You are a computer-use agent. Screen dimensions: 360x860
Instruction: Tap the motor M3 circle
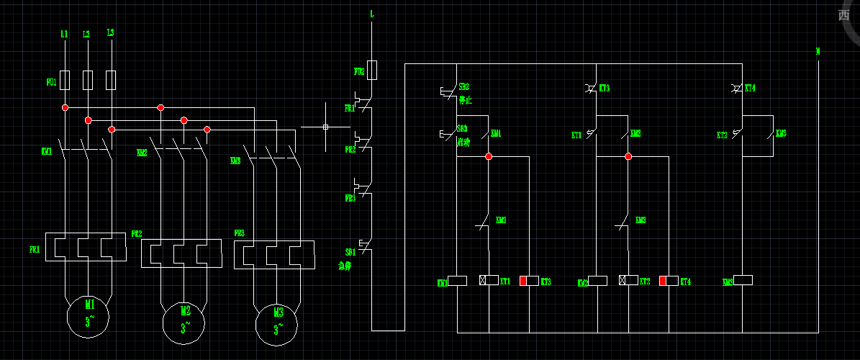pos(277,324)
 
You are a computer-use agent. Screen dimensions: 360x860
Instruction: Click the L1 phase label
pos(64,34)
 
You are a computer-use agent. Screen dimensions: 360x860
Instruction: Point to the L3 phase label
pos(110,33)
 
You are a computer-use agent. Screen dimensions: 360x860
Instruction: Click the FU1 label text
pos(51,83)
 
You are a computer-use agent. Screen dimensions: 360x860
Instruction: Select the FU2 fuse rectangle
pos(372,70)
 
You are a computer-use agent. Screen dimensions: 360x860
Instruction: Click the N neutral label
pos(818,51)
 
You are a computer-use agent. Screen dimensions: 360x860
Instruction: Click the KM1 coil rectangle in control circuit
pos(458,280)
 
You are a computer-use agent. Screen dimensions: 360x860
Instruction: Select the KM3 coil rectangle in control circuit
pos(742,280)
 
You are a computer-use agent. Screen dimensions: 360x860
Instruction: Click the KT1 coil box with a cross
pos(489,280)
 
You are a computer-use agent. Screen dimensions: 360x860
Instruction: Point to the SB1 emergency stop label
pos(350,253)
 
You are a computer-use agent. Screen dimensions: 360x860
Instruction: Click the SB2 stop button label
pos(463,87)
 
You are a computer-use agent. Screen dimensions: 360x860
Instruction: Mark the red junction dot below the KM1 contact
pos(488,156)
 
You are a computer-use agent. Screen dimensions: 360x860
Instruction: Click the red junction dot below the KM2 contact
pos(628,156)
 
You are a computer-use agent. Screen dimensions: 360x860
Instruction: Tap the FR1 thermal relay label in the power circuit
pos(35,249)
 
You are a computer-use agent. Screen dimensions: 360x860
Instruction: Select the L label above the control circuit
pos(371,14)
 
